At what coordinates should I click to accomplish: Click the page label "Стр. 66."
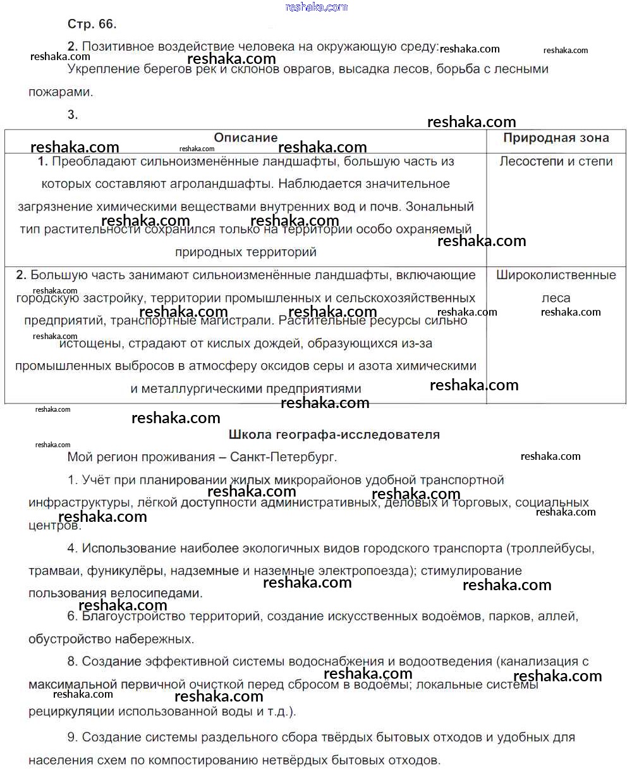coord(92,24)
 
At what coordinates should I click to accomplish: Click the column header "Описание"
coord(245,138)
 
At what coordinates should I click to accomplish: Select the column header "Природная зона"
coord(556,138)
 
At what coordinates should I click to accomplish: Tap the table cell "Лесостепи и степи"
coord(556,161)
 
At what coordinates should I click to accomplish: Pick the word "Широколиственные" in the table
coord(556,275)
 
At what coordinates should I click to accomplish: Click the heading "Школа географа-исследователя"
coord(334,435)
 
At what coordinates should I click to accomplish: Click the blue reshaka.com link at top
coord(316,7)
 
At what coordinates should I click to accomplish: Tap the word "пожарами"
coord(61,92)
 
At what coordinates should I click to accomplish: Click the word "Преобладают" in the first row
coord(87,161)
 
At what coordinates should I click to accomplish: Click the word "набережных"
coord(157,639)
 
